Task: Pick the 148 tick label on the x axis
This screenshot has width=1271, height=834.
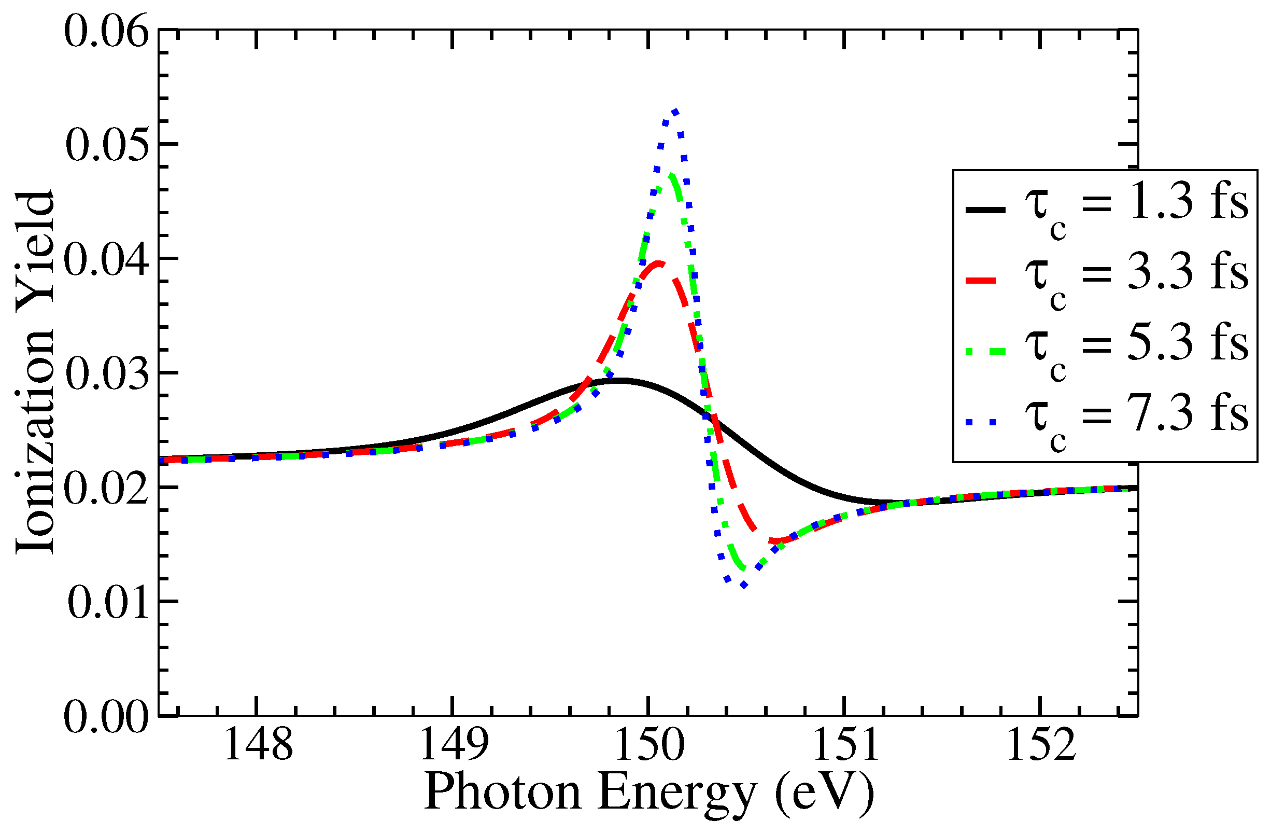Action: (258, 745)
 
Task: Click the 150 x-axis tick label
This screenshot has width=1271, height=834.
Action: (649, 745)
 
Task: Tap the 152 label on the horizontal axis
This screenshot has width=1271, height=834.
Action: (1040, 745)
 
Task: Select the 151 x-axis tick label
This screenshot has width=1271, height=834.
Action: (845, 745)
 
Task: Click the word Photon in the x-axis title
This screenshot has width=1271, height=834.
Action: (502, 793)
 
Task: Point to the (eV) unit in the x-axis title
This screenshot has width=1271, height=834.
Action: (825, 793)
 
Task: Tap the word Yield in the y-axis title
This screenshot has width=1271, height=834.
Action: (35, 246)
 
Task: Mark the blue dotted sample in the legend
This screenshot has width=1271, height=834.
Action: (986, 422)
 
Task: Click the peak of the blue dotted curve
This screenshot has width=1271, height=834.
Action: (676, 111)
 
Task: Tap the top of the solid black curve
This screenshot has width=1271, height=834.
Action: (619, 380)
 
